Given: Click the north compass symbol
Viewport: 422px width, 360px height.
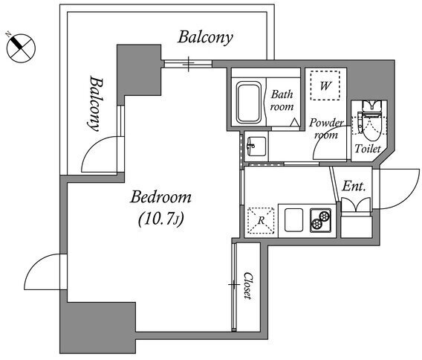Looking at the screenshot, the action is (21, 48).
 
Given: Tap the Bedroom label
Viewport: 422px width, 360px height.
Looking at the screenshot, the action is (161, 197).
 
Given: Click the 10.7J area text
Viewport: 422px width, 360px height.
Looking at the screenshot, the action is (161, 219).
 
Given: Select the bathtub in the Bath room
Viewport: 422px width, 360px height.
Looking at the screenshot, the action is (249, 103).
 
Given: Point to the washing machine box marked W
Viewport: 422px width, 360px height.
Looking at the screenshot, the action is (325, 86).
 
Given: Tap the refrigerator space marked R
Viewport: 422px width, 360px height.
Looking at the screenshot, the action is (261, 220).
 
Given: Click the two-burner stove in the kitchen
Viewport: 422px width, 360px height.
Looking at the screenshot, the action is (320, 220).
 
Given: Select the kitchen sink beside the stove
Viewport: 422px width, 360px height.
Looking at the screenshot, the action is (293, 219).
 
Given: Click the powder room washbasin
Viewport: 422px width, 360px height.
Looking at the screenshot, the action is (256, 147).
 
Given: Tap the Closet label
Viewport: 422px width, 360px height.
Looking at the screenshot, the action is (248, 286).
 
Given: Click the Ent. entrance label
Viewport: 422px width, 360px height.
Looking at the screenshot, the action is (354, 186).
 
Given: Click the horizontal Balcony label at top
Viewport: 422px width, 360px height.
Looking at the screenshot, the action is (205, 37).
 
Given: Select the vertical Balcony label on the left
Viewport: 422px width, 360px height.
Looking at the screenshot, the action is (96, 103).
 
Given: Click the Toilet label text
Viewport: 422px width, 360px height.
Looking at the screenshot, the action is (368, 149).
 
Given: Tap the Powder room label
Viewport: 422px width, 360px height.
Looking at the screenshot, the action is (326, 129).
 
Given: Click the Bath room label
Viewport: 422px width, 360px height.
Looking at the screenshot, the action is (282, 100).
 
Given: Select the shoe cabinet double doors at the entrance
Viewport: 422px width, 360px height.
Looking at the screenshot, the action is (356, 205).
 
